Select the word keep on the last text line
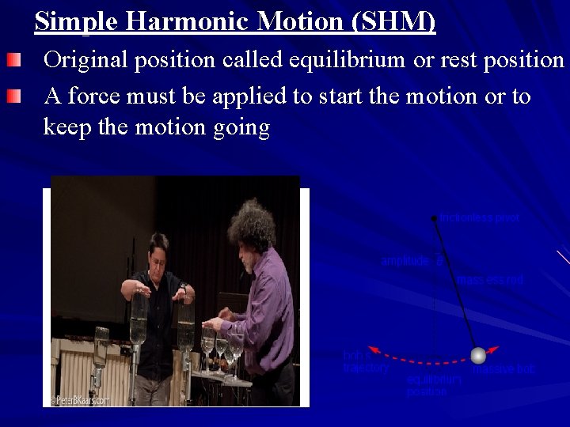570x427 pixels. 68,127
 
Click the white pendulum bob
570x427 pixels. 477,355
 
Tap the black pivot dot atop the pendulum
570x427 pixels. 433,217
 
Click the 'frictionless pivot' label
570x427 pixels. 480,218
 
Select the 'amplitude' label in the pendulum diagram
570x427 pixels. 405,260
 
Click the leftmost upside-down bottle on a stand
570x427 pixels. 101,348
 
